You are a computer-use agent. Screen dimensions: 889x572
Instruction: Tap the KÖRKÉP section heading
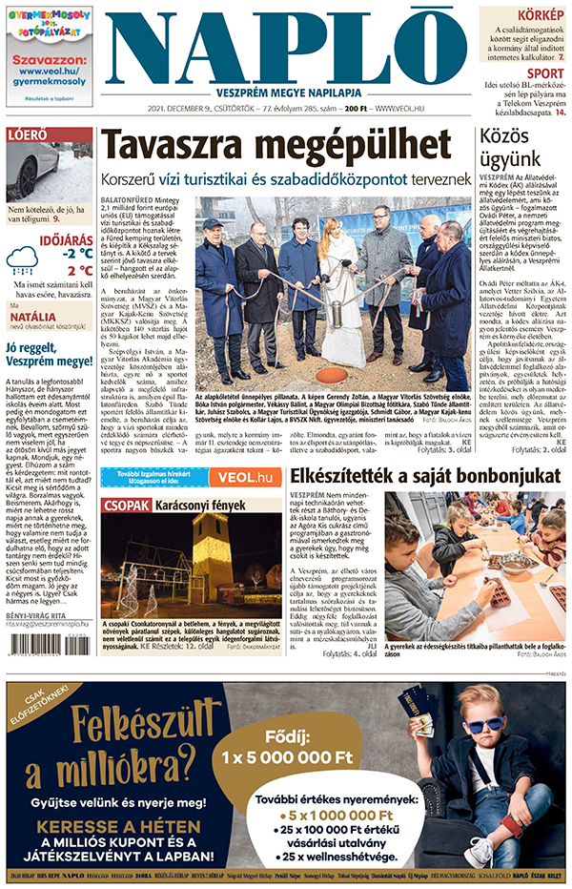(541, 16)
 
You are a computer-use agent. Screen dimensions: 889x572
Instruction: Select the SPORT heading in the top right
(544, 72)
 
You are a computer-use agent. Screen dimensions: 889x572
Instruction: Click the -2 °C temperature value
(77, 254)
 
